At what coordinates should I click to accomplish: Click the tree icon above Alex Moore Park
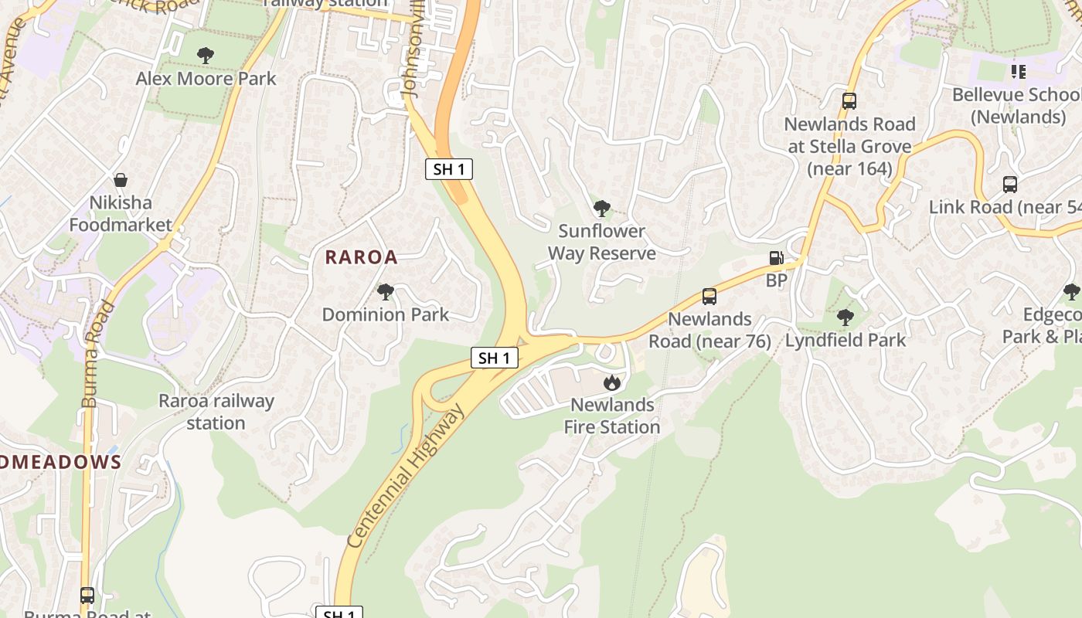[x=206, y=56]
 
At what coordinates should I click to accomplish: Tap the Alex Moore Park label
[x=206, y=79]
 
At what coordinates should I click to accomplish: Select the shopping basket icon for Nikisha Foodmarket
[x=121, y=181]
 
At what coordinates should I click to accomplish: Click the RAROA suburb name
[x=361, y=257]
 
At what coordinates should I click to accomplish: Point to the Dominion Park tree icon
[x=385, y=292]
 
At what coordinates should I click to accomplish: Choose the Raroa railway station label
[x=216, y=412]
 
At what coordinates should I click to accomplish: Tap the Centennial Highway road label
[x=407, y=476]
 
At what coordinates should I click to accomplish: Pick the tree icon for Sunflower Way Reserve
[x=601, y=208]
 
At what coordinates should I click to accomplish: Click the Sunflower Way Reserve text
[x=601, y=242]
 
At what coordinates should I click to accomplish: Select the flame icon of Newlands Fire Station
[x=611, y=382]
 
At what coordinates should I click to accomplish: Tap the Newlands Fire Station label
[x=611, y=416]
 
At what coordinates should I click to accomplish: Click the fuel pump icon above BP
[x=776, y=259]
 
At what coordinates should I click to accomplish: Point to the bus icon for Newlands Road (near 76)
[x=709, y=297]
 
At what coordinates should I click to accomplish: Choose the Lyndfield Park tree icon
[x=846, y=317]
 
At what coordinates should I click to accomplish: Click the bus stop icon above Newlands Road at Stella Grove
[x=849, y=101]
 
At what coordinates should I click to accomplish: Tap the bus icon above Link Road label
[x=1010, y=185]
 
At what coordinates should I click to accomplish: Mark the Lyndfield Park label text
[x=846, y=341]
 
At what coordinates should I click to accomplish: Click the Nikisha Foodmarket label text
[x=121, y=214]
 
